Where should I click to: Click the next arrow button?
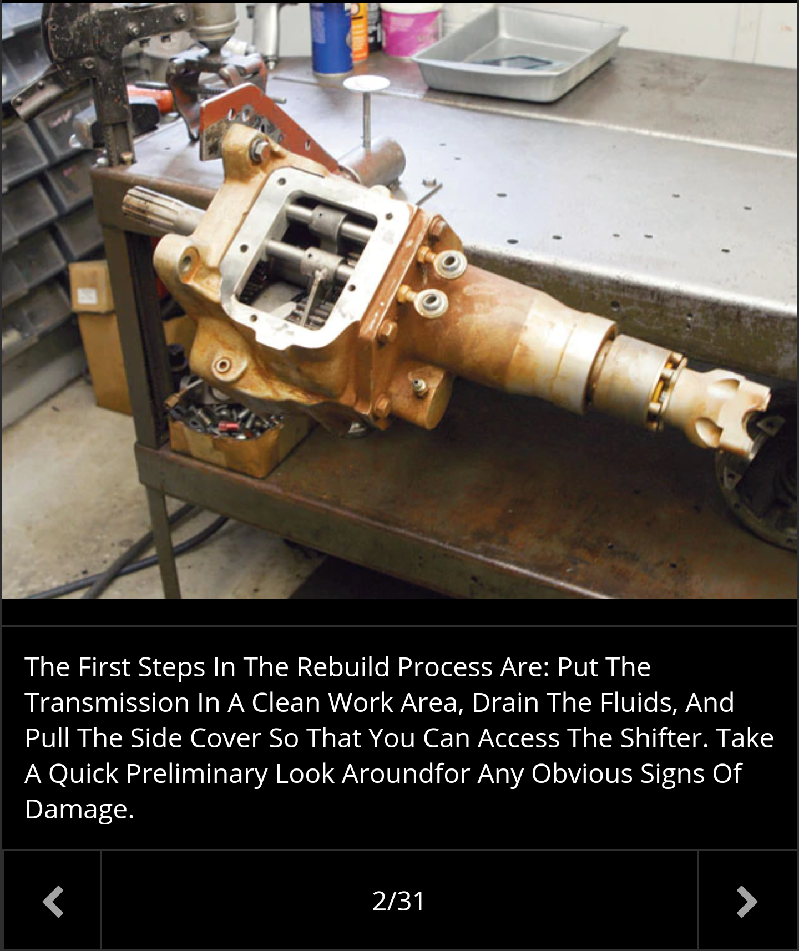[747, 901]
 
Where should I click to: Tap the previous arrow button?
[53, 901]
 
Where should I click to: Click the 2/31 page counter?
[398, 901]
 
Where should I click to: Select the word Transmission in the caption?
[107, 702]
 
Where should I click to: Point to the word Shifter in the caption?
[664, 738]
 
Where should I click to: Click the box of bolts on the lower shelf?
[233, 433]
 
